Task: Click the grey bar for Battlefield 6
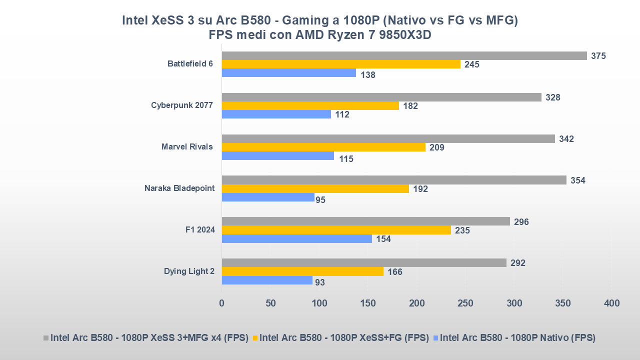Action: point(404,55)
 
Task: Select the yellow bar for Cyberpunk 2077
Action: point(310,105)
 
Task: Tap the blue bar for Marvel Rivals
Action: point(277,155)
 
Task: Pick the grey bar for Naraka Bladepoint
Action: point(394,180)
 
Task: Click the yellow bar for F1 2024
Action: point(336,230)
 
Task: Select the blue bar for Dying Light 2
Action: point(267,280)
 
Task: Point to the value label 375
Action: point(598,56)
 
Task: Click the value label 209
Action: point(436,147)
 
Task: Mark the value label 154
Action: point(383,239)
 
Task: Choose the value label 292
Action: point(517,263)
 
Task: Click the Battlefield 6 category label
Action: point(190,64)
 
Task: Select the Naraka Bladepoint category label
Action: point(179,188)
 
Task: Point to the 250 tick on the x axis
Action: point(465,303)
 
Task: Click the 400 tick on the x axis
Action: point(611,303)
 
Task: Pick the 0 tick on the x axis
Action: point(222,303)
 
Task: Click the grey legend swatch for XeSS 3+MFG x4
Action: point(46,338)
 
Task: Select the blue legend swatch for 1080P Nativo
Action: point(436,338)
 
